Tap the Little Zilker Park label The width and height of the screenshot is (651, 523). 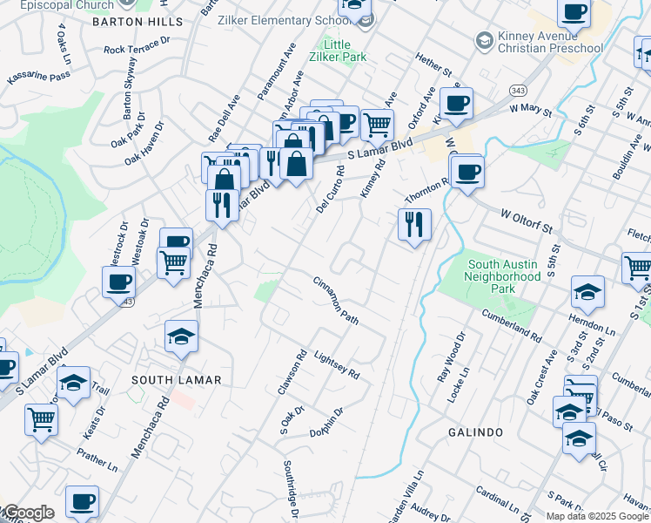coord(344,51)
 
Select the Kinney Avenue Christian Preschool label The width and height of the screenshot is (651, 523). coord(539,40)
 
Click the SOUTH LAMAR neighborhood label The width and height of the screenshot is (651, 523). coord(177,380)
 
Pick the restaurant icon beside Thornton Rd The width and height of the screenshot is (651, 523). coord(414,225)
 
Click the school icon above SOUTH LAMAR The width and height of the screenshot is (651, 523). coord(181,337)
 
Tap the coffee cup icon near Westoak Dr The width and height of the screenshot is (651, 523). coord(118,282)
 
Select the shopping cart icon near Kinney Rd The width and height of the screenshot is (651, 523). coord(376,125)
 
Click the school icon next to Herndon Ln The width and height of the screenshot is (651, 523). coord(587,293)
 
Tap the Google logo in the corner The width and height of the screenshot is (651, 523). coord(28,513)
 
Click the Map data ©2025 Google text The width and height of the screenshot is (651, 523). coord(597,516)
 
